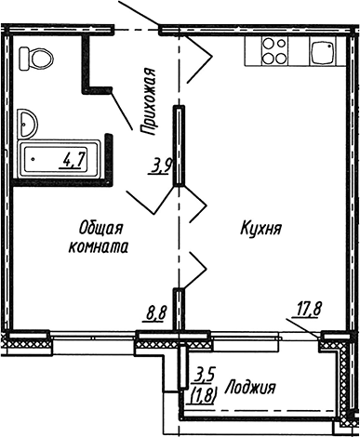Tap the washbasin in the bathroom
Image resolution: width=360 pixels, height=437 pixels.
click(27, 122)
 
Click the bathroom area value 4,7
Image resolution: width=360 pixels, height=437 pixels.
click(73, 159)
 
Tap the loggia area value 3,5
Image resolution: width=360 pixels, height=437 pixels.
click(204, 376)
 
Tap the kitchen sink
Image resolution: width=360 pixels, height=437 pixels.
click(322, 51)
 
